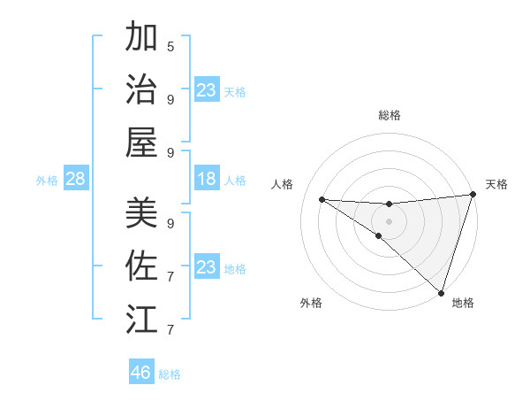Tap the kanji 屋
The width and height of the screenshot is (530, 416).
(141, 142)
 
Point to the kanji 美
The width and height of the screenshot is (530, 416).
(141, 212)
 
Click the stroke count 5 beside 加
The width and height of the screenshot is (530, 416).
(170, 46)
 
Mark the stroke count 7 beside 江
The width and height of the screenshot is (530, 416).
(170, 330)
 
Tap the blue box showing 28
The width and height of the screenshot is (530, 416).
(75, 180)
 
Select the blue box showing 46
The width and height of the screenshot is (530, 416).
(141, 372)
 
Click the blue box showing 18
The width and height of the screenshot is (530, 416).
(207, 180)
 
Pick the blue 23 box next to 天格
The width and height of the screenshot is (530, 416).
(207, 90)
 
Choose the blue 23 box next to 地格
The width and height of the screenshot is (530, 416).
(207, 267)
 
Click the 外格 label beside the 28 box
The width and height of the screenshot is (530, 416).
(47, 181)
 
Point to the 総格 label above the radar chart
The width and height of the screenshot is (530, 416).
(390, 115)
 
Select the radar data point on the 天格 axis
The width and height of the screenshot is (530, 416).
(473, 196)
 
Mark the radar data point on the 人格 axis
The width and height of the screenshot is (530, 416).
(322, 199)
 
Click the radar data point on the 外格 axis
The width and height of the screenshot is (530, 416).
(378, 235)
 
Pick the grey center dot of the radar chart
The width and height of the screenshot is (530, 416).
(389, 220)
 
